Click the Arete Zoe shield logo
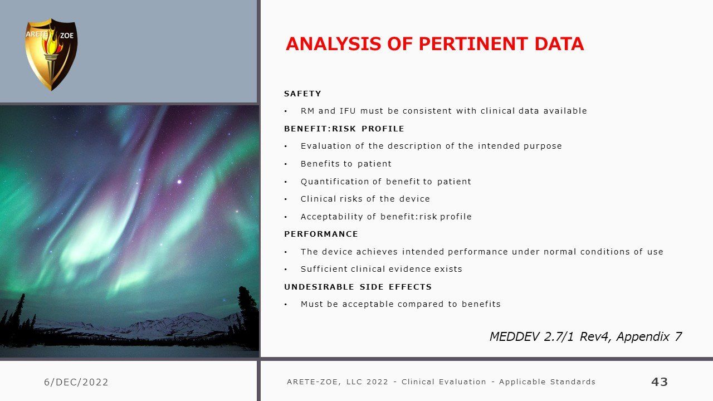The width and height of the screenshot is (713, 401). [51, 55]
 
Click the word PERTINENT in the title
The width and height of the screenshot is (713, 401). [473, 44]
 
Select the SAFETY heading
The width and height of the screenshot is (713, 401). [302, 94]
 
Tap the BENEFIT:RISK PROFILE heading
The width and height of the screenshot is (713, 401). [344, 129]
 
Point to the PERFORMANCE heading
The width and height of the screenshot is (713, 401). [321, 234]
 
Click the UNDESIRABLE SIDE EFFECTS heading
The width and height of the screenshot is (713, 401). [358, 287]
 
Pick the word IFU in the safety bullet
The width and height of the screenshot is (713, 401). [348, 111]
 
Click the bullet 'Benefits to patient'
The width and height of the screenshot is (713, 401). [346, 164]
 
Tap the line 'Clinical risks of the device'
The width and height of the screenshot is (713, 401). [365, 199]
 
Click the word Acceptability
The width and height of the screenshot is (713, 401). [331, 217]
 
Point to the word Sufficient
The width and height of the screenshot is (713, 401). [324, 269]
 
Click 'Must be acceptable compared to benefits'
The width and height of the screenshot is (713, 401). [401, 304]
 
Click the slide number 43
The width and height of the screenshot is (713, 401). [660, 382]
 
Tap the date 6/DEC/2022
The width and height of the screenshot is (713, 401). [76, 382]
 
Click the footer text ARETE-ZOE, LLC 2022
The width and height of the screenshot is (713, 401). [338, 382]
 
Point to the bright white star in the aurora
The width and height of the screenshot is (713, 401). [179, 182]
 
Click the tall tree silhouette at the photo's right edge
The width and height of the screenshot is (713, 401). [248, 315]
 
